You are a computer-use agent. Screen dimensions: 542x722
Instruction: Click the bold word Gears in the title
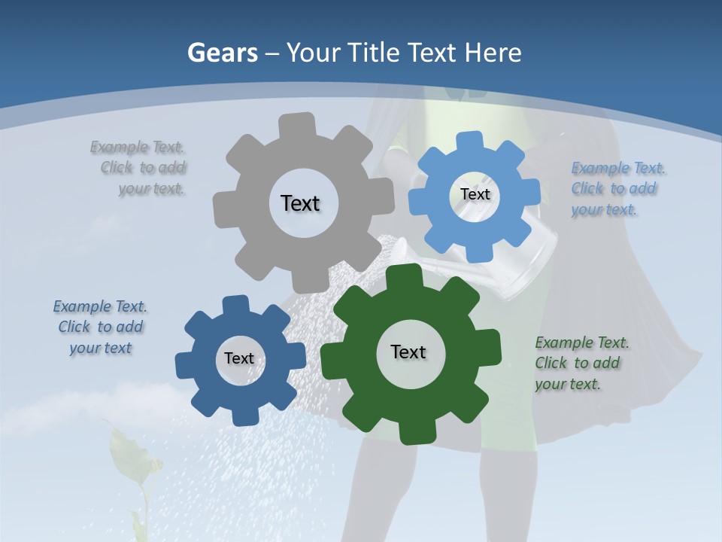tap(222, 53)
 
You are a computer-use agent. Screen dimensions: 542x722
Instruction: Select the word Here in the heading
tap(493, 53)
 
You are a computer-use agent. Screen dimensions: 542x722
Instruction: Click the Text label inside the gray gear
tap(300, 203)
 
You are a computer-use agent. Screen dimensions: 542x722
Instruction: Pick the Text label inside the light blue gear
tap(475, 194)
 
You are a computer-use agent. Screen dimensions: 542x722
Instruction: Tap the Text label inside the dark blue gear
tap(239, 358)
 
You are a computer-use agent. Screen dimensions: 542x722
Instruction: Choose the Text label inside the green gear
tap(408, 352)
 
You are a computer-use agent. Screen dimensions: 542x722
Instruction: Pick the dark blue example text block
tap(100, 327)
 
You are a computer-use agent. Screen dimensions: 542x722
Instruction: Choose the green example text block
tap(581, 363)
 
